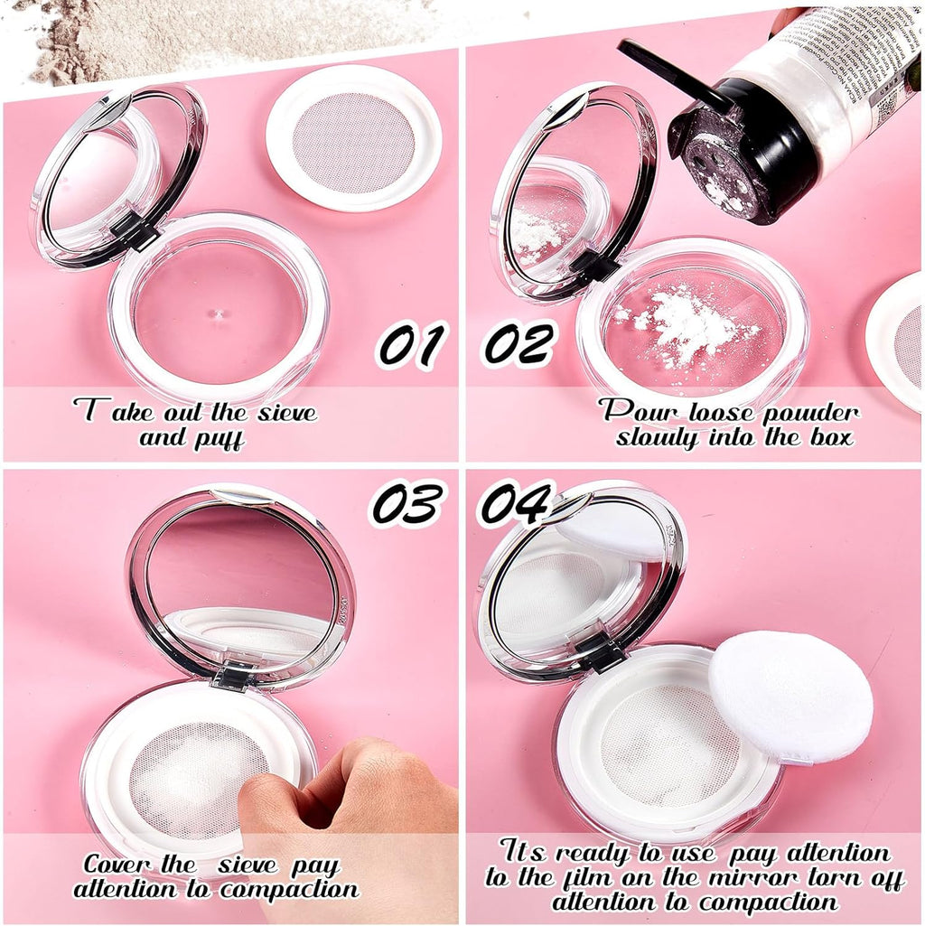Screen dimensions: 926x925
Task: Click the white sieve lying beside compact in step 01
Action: [353, 138]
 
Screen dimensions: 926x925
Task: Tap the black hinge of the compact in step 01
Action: [135, 232]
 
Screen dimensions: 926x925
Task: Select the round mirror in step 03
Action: [239, 578]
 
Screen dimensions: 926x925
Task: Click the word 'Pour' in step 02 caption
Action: [633, 413]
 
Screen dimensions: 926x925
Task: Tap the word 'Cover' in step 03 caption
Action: [117, 865]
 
